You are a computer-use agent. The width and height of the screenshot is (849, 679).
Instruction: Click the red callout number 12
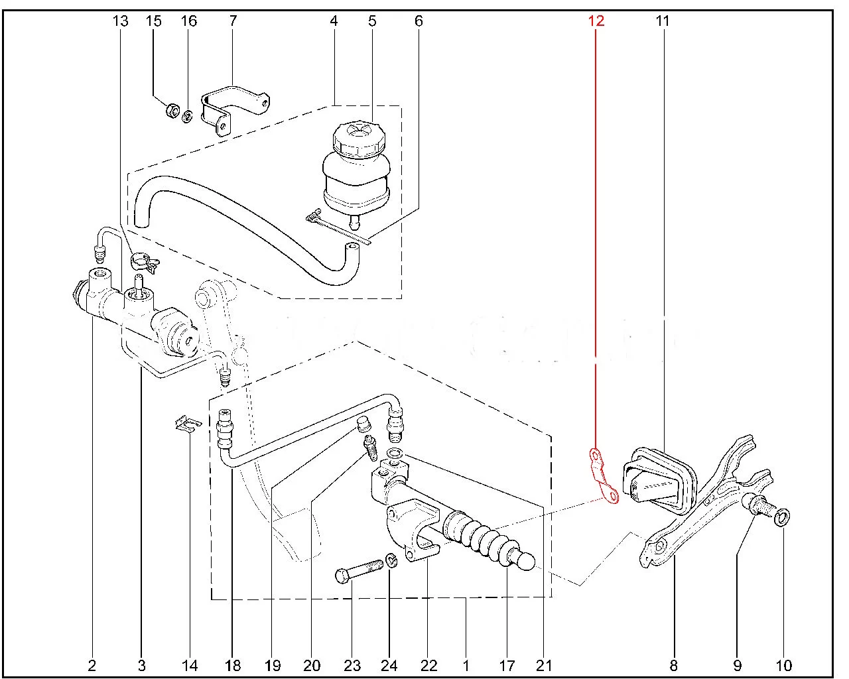click(596, 21)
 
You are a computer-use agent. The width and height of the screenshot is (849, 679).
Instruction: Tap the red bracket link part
click(604, 475)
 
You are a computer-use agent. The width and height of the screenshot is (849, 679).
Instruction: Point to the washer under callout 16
click(188, 117)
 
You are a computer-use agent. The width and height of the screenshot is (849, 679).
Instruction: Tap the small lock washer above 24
click(391, 561)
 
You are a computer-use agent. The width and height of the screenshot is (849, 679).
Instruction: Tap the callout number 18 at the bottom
click(233, 666)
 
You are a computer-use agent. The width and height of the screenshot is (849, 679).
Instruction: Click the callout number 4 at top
click(334, 21)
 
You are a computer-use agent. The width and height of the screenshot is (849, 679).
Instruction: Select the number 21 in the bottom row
click(544, 666)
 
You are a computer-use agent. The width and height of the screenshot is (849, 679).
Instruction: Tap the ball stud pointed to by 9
click(760, 507)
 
